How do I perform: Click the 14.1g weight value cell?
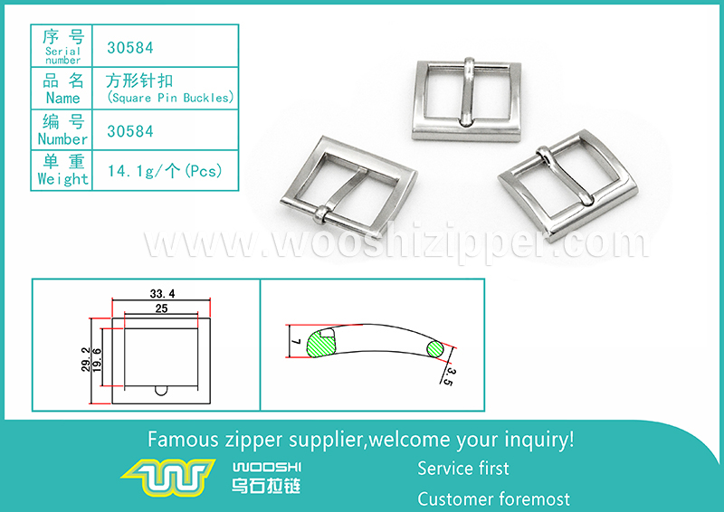pos(165,171)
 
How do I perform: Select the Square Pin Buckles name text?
pos(170,98)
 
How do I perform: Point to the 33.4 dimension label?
pos(162,294)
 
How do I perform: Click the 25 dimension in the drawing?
pos(161,308)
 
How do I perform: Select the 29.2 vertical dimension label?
pos(86,360)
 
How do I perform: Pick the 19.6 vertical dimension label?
pos(97,361)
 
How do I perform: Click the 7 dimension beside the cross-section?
pos(297,342)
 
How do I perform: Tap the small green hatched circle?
pos(435,348)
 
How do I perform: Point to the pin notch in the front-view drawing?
pos(161,390)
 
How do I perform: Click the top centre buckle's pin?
pos(467,91)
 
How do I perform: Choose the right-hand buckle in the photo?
pos(568,185)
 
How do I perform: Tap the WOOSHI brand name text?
pos(267,467)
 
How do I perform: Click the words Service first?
pos(463,469)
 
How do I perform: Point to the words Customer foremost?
pos(493,499)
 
